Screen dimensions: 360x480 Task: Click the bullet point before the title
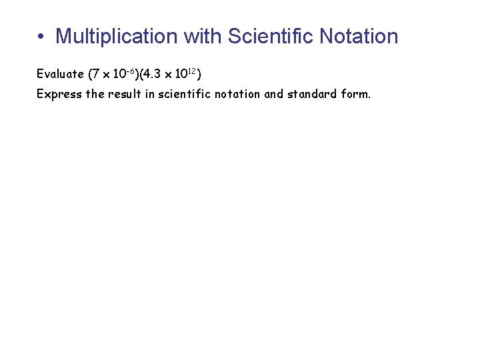41,37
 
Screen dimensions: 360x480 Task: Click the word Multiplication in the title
117,36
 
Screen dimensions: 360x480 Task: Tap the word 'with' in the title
203,36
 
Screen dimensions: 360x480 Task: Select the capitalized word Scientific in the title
271,36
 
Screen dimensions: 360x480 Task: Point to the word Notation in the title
359,36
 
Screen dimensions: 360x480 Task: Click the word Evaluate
60,73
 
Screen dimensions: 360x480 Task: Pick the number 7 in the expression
97,73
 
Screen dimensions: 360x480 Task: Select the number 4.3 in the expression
153,73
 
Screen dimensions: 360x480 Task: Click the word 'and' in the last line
274,93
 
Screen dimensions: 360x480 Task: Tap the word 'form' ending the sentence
355,93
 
